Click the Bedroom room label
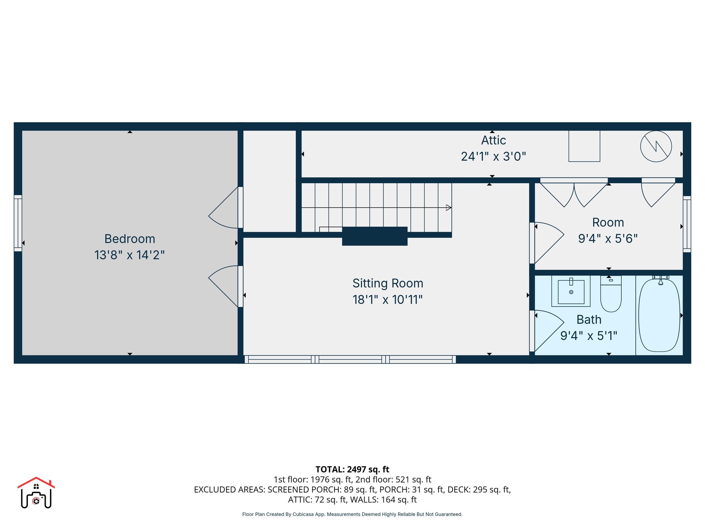[129, 239]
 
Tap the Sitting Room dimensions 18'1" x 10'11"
[387, 300]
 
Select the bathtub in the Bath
[659, 315]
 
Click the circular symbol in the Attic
[656, 146]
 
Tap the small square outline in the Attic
[584, 146]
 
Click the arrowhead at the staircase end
[449, 208]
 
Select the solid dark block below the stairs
[375, 236]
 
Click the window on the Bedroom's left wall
[18, 223]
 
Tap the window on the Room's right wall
[687, 224]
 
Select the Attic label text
[493, 141]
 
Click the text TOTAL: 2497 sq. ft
[352, 469]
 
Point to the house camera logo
[36, 493]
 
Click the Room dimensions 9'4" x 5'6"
[608, 239]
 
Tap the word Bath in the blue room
[589, 320]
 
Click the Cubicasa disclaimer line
[352, 514]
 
